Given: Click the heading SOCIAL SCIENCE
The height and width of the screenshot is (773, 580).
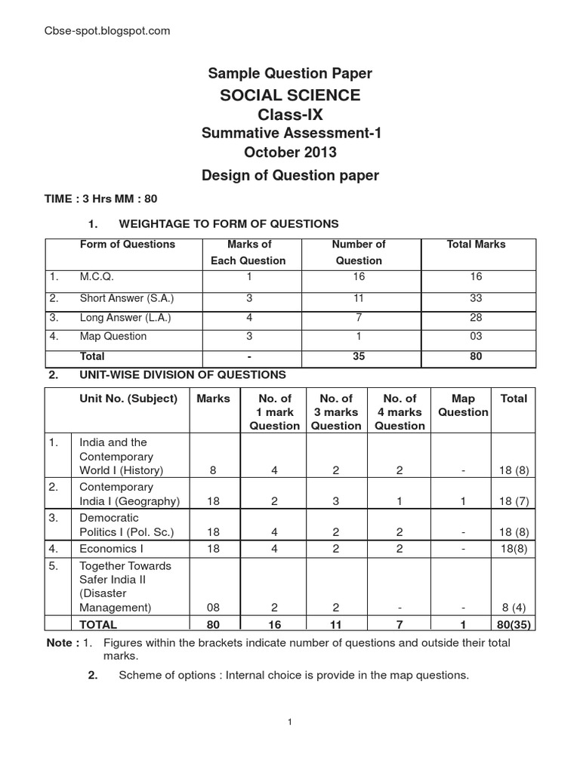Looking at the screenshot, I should [x=290, y=95].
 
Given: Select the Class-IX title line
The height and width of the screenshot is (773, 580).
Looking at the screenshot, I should [x=290, y=115].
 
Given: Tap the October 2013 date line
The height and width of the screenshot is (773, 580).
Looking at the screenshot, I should [x=290, y=152].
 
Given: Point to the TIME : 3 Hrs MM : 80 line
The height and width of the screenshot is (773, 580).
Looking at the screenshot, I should [x=102, y=199].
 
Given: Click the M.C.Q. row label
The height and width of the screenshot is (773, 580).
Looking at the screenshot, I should [x=97, y=277].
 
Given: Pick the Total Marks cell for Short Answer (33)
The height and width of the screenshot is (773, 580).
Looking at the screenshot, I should [x=476, y=297].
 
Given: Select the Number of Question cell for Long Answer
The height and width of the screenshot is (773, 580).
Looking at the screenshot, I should [x=359, y=317].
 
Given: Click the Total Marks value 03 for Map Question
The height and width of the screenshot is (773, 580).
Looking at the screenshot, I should [x=476, y=337].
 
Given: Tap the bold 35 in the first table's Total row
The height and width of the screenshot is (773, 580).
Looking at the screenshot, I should [x=359, y=356].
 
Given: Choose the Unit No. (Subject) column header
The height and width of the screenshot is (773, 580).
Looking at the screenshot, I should [x=128, y=399].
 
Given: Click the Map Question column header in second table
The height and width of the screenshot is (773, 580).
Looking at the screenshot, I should [x=463, y=405].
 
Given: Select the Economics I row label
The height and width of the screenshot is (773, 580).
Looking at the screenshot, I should [x=109, y=549].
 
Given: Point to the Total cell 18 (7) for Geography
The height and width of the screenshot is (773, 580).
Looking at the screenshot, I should [x=514, y=501].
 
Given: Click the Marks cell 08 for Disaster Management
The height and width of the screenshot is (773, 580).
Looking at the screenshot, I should [x=213, y=607].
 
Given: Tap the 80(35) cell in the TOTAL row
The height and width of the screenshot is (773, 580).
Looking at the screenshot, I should [x=514, y=624].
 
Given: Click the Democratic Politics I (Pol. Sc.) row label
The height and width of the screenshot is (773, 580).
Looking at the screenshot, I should [x=127, y=525].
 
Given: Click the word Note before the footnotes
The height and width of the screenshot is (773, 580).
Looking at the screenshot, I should [x=61, y=643].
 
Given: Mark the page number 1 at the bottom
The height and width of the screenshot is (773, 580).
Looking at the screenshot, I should [x=290, y=722].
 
